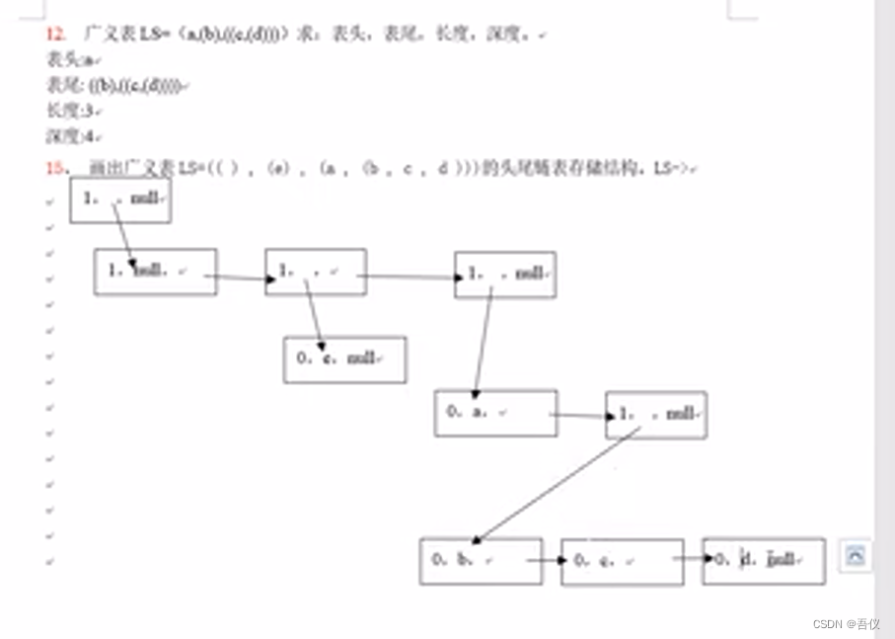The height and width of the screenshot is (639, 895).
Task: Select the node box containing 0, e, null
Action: [x=344, y=359]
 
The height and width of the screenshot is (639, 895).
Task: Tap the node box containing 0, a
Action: [x=495, y=413]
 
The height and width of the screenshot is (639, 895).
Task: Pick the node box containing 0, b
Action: [x=481, y=561]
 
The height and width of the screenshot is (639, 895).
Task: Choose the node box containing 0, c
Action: [x=622, y=562]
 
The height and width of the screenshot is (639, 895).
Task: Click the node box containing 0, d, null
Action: [x=764, y=561]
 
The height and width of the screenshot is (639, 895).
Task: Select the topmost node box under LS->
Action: [x=120, y=200]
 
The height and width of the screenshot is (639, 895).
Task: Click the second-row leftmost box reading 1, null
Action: [x=155, y=272]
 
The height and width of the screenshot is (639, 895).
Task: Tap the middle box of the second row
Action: [x=316, y=272]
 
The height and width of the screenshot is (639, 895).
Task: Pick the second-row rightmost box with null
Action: [x=505, y=275]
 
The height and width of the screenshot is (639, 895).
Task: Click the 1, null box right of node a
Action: [x=656, y=415]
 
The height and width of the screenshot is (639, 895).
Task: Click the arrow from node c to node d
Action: [x=693, y=560]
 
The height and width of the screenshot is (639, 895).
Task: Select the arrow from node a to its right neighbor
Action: [x=581, y=415]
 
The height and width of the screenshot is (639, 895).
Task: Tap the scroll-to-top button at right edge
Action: [x=855, y=556]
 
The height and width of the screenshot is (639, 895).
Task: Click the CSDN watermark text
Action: [x=846, y=624]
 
